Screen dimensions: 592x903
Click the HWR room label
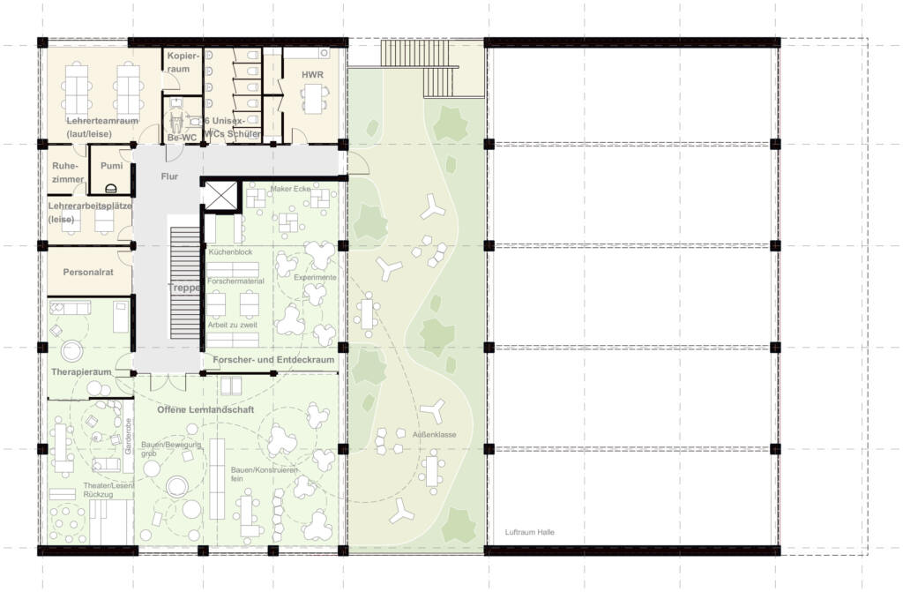[312, 75]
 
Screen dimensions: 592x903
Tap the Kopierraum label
[179, 62]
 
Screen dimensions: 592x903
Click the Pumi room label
[111, 166]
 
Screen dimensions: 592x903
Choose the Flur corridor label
[169, 176]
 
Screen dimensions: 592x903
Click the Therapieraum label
[81, 372]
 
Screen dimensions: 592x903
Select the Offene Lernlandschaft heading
[205, 410]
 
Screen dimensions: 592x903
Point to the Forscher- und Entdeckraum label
[273, 360]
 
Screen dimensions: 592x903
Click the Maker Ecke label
[292, 187]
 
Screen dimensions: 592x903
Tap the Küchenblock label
[231, 252]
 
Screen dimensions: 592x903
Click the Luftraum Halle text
[530, 532]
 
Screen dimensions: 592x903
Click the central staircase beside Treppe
[185, 282]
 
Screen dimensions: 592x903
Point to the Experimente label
[315, 278]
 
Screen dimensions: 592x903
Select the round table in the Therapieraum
[69, 351]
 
